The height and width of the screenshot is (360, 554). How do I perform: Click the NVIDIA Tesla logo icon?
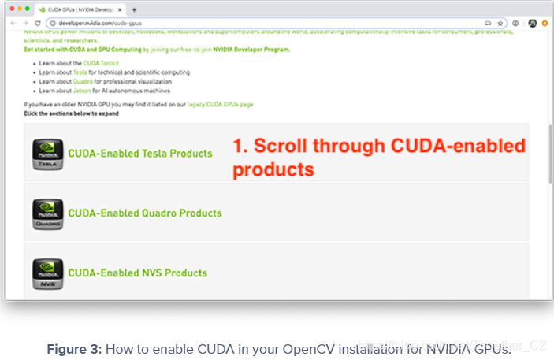47,154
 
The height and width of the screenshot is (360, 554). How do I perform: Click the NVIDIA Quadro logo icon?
47,213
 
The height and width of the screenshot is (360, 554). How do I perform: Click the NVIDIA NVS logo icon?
47,273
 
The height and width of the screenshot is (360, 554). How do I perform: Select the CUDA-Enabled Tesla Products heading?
140,154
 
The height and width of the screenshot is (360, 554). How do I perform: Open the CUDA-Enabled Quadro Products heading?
145,213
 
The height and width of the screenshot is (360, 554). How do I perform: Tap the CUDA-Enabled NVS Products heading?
138,273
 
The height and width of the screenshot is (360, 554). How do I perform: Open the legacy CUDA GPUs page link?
220,104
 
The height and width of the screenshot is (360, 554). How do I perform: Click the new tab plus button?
134,9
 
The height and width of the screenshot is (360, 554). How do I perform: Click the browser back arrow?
13,24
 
